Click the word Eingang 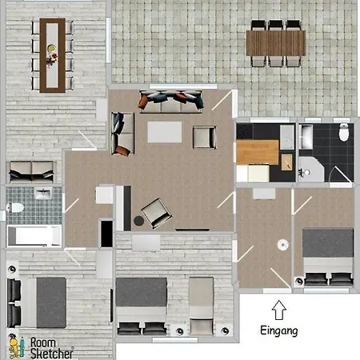click(x=279, y=331)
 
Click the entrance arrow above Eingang click(x=279, y=310)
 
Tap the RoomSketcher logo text click(x=51, y=348)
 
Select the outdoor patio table click(x=276, y=43)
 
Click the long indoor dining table click(x=53, y=55)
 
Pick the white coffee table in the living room click(x=165, y=132)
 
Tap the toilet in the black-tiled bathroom click(x=344, y=132)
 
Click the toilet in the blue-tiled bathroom click(x=15, y=208)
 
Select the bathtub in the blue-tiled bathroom click(x=34, y=236)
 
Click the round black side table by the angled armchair click(x=138, y=221)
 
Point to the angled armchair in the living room click(x=157, y=213)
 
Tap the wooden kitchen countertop click(x=258, y=152)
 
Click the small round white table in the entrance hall click(x=282, y=245)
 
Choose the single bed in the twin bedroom click(x=202, y=306)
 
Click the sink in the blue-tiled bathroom click(x=43, y=193)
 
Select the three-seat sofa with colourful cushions click(x=170, y=102)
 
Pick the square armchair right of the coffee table click(x=205, y=137)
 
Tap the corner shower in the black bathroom click(x=311, y=170)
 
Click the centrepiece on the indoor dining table click(x=51, y=56)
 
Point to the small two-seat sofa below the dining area click(x=31, y=171)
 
